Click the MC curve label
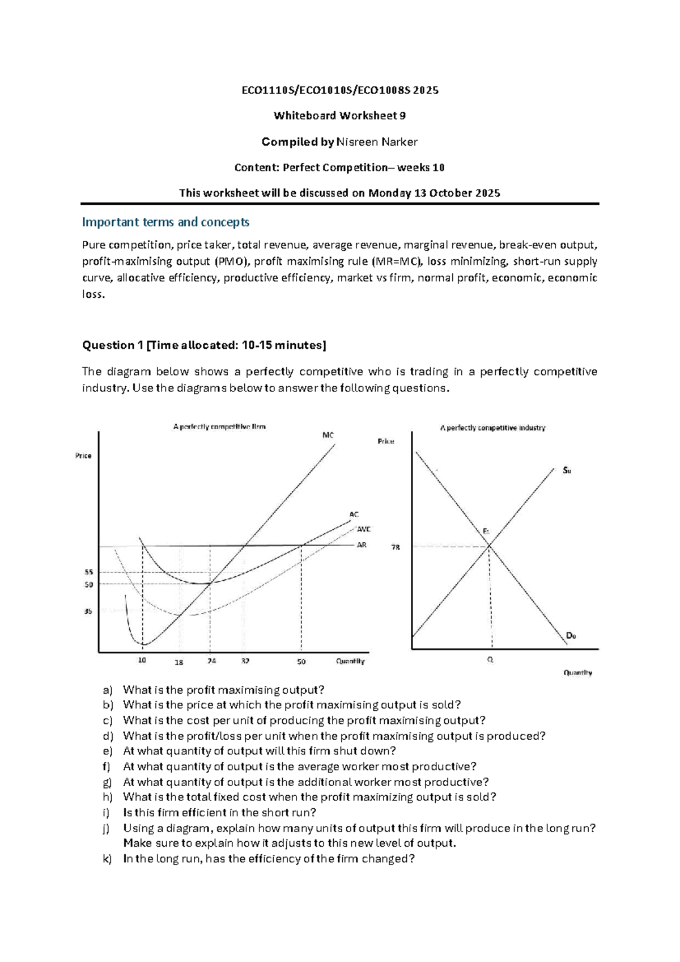(328, 435)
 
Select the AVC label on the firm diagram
(363, 529)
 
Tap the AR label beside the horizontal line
(362, 545)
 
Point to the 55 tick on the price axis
(89, 572)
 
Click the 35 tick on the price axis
(88, 611)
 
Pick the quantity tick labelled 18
(179, 662)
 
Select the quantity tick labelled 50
(301, 662)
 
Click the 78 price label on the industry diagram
(396, 547)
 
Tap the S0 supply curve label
(567, 471)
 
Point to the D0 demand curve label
(571, 636)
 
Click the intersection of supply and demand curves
(489, 546)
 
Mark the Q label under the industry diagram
(490, 660)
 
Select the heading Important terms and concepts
(165, 222)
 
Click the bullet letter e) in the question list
(108, 751)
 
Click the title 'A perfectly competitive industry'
(492, 428)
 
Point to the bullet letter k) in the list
(108, 859)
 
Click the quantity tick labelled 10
(142, 660)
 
